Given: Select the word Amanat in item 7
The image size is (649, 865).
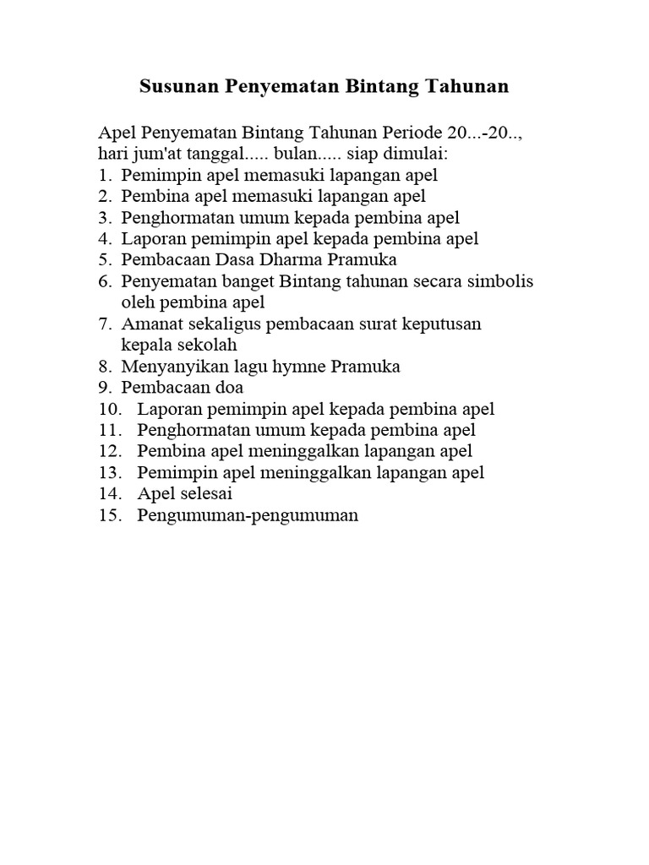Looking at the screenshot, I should (152, 324).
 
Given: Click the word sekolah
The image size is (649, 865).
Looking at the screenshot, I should (206, 345).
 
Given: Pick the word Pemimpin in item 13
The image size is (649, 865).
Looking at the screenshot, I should (175, 472).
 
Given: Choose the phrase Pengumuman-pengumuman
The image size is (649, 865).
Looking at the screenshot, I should (248, 515).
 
